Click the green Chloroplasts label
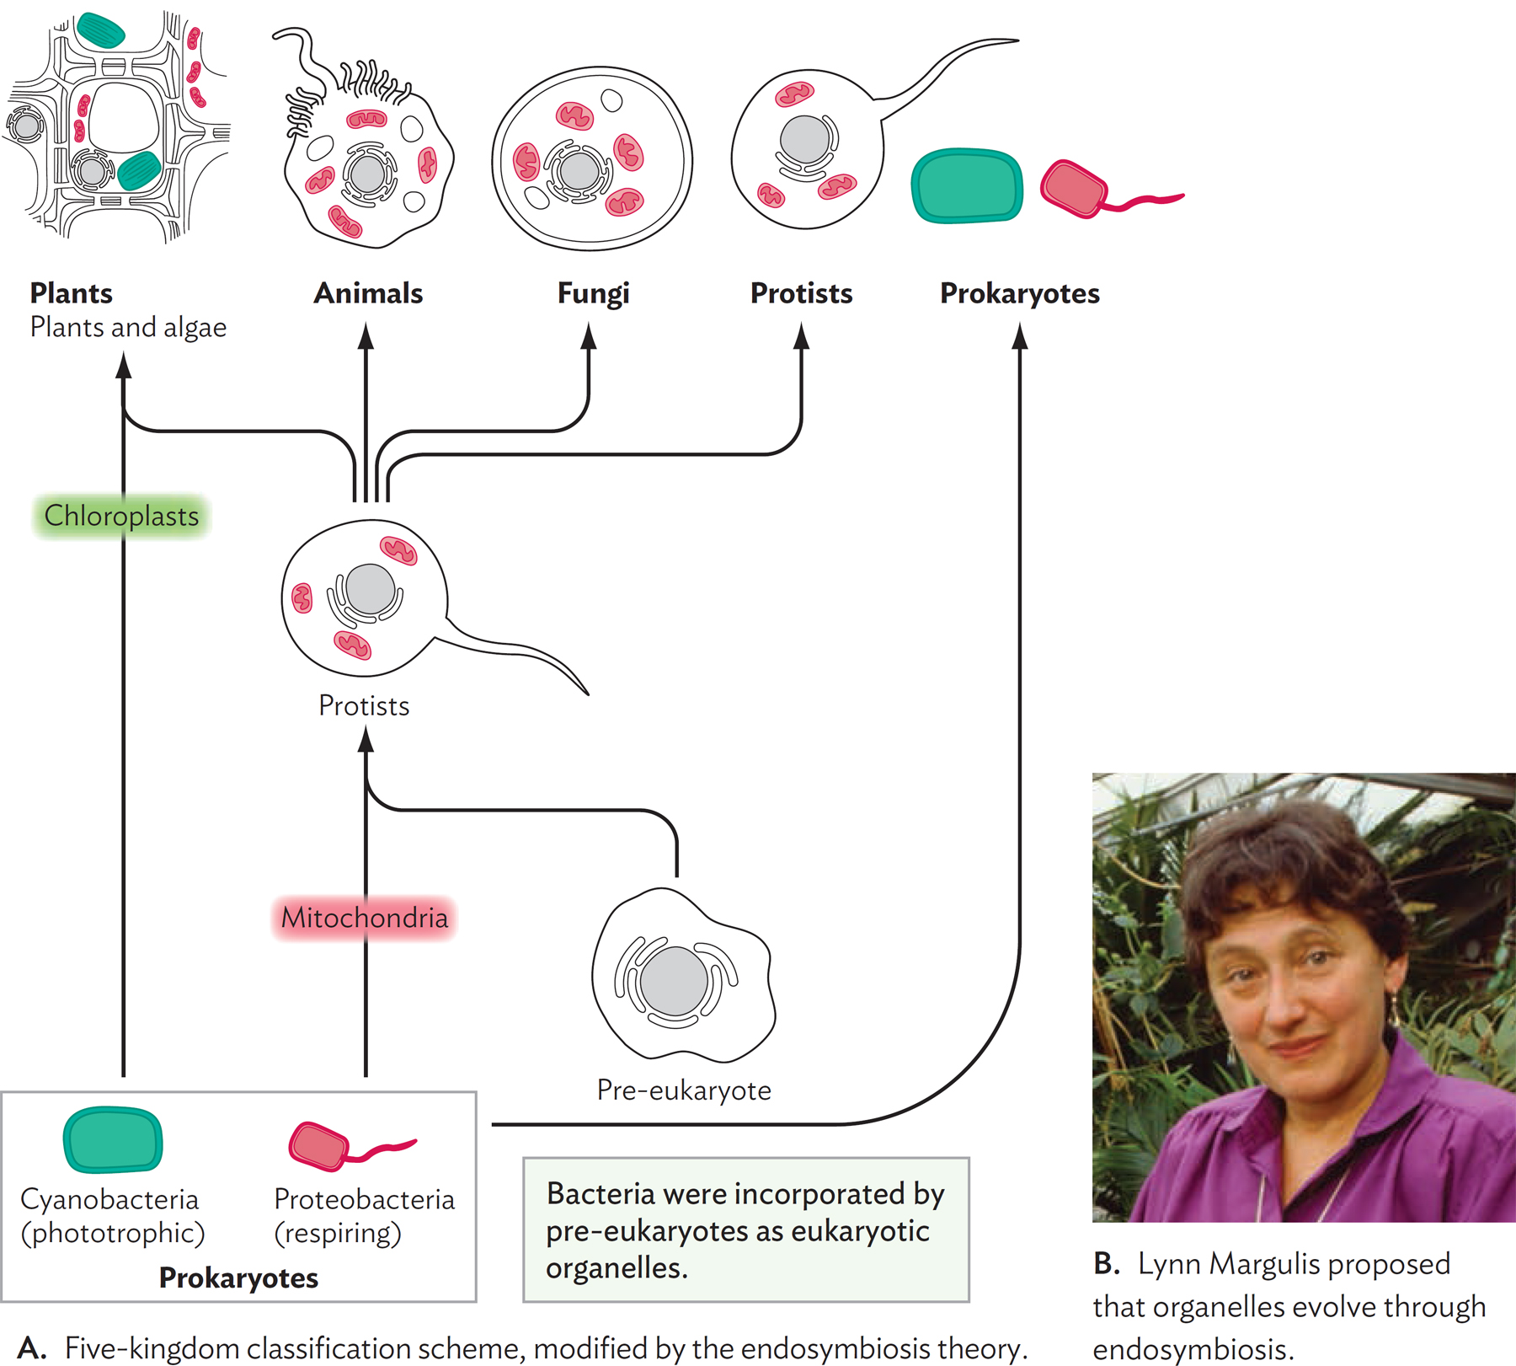point(121,516)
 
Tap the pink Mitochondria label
point(364,918)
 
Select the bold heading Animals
point(368,293)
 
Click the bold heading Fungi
point(593,293)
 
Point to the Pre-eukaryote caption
point(684,1090)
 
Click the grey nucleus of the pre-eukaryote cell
point(674,981)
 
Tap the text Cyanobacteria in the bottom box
point(109,1199)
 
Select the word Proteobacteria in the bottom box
point(364,1199)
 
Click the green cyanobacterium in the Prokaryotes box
point(113,1140)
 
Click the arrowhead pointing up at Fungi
point(589,337)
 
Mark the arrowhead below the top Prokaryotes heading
point(1020,337)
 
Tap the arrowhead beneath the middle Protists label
point(366,740)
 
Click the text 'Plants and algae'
point(128,327)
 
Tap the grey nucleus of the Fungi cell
point(579,171)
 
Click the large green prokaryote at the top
point(967,185)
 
